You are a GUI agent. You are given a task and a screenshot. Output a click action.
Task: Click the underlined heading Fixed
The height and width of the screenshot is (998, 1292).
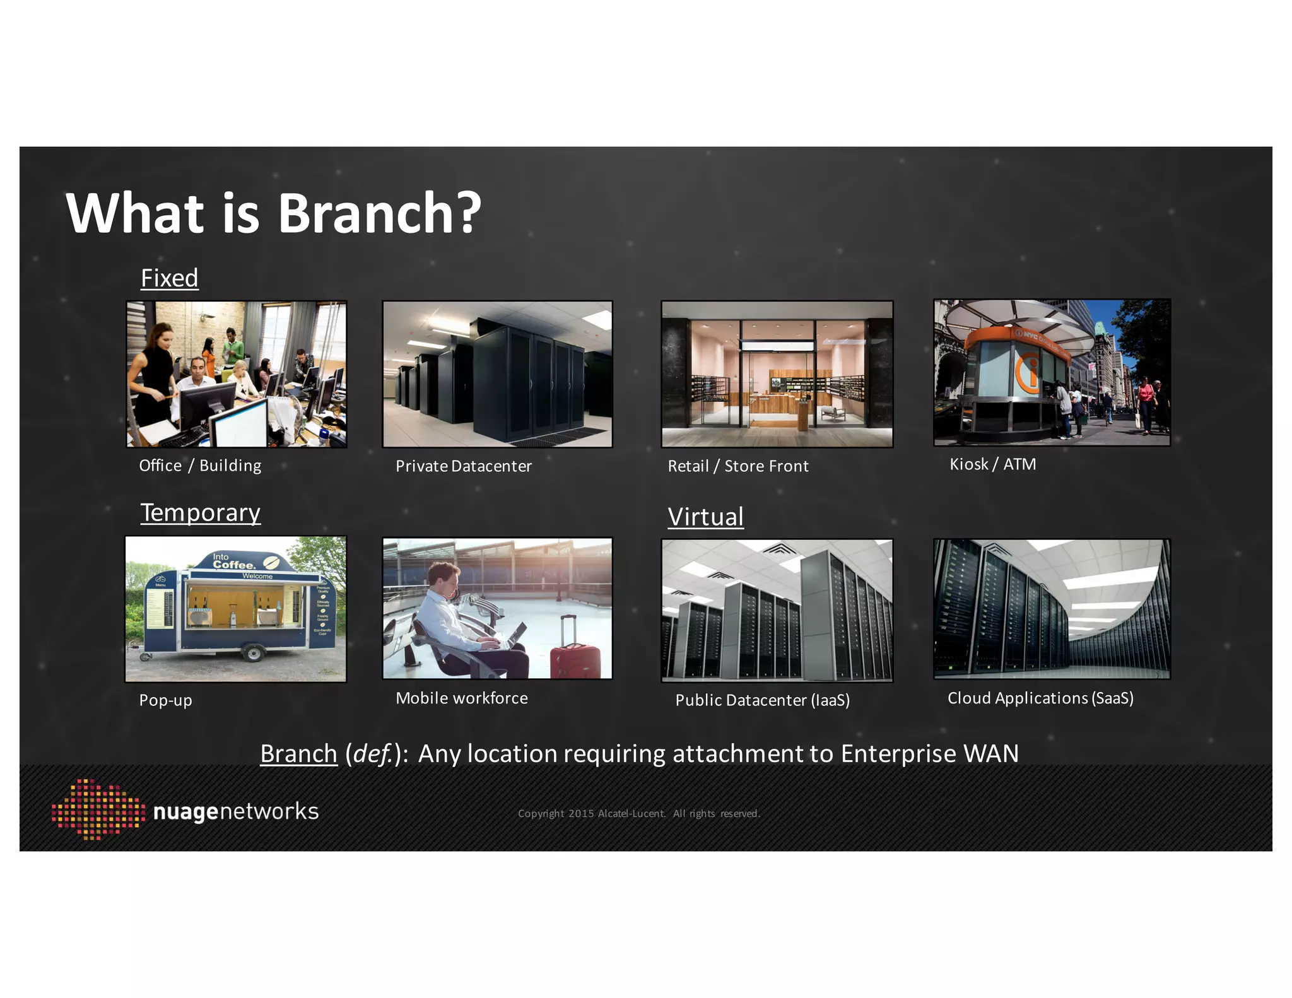tap(169, 278)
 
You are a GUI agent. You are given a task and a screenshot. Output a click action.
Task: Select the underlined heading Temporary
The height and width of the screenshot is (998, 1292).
tap(200, 512)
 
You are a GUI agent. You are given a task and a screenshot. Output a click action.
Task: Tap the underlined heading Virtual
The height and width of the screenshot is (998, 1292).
tap(705, 517)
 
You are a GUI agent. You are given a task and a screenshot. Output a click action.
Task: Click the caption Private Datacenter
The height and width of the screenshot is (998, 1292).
tap(463, 466)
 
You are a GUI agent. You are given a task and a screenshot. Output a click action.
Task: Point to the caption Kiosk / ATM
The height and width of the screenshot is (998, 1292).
tap(992, 464)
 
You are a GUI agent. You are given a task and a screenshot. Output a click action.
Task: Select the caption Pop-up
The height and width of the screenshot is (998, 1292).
tap(165, 700)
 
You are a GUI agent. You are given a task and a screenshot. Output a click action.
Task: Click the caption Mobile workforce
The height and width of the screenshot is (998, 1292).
tap(461, 698)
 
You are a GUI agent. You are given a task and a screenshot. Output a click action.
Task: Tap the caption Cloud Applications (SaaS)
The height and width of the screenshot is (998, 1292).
tap(1040, 698)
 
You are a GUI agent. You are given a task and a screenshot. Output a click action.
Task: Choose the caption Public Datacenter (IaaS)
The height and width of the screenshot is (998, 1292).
tap(762, 700)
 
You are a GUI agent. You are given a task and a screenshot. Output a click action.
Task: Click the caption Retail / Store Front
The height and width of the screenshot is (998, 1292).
tap(737, 466)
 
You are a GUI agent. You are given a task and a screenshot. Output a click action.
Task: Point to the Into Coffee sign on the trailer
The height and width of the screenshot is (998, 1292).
tap(234, 561)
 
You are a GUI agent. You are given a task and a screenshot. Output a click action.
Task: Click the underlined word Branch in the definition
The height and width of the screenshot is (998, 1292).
tap(298, 754)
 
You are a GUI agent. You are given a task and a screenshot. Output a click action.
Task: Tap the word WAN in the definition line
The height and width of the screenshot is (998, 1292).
tap(991, 754)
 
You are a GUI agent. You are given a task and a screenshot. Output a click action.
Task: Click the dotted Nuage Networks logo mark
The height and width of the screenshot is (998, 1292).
tap(98, 810)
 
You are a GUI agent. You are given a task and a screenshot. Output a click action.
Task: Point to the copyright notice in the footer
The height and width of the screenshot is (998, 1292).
tap(638, 814)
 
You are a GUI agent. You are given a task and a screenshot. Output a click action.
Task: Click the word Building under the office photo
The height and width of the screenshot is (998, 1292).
tap(230, 466)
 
